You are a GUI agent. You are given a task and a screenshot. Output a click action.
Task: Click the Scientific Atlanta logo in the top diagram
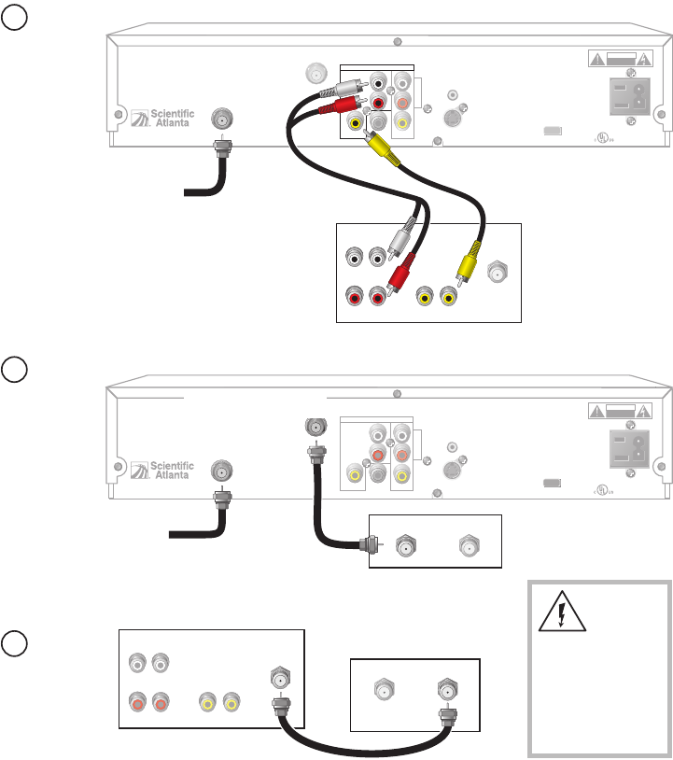tap(162, 117)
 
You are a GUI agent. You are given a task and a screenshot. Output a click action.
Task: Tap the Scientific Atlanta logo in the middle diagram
tap(162, 469)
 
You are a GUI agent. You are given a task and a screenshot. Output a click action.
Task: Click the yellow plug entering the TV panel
tap(467, 265)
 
